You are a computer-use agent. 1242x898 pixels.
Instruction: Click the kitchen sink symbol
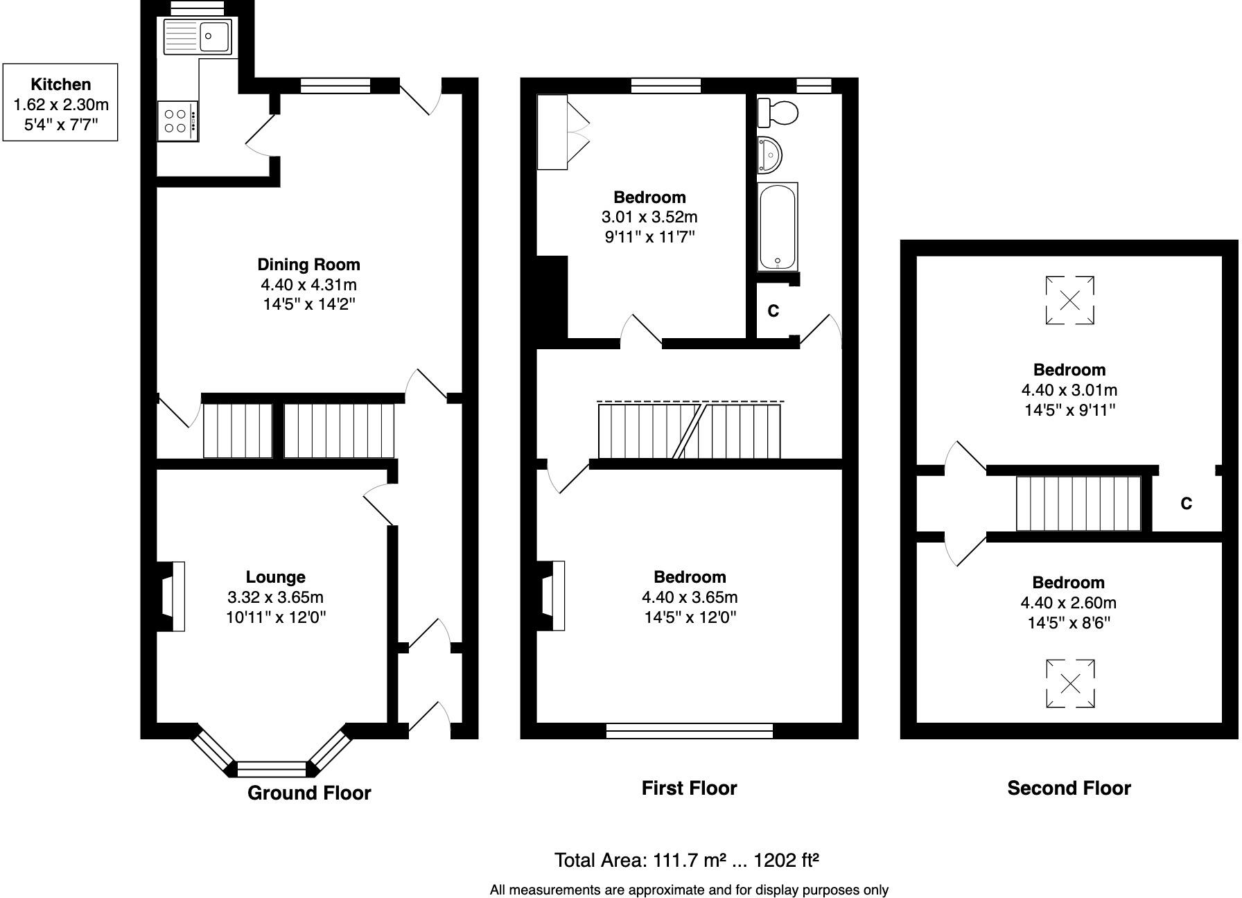(x=198, y=36)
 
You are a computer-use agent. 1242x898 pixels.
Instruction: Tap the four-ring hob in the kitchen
(x=177, y=121)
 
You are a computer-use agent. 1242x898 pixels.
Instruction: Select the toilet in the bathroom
(x=777, y=112)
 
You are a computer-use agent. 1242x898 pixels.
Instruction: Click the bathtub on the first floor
(x=778, y=227)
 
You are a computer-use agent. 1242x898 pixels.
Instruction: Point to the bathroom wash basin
(x=769, y=155)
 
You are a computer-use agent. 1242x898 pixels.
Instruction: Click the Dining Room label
(x=308, y=264)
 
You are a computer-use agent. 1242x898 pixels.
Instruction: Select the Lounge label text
(x=275, y=576)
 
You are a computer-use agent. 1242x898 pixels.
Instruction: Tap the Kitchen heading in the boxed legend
(x=60, y=85)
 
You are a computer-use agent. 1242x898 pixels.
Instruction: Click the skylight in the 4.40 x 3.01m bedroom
(x=1069, y=300)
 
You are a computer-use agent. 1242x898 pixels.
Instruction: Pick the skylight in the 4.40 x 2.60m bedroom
(x=1070, y=684)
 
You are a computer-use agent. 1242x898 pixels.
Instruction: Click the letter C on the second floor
(x=1186, y=504)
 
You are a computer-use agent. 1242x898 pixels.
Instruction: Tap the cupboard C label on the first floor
(x=773, y=311)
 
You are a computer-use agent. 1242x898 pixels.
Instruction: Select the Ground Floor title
(x=309, y=793)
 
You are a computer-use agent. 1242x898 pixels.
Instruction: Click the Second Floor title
(x=1069, y=788)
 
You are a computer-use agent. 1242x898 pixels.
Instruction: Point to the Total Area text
(x=686, y=860)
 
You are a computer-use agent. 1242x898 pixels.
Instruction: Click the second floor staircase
(x=1078, y=503)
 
